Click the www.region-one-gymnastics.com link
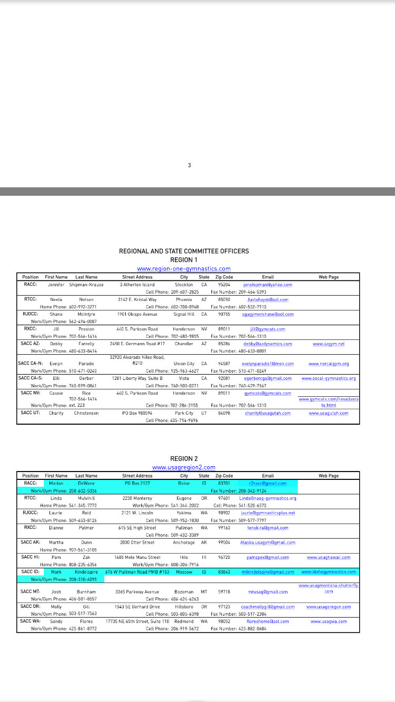click(x=184, y=269)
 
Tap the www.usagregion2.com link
click(x=184, y=467)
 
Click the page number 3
click(x=190, y=165)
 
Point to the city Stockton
click(x=184, y=285)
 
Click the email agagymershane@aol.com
click(x=268, y=314)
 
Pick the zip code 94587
click(x=224, y=364)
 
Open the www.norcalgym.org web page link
click(x=329, y=364)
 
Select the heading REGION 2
click(x=184, y=459)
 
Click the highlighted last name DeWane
click(x=86, y=483)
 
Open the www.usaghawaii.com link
click(x=329, y=557)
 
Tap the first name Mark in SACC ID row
click(x=56, y=572)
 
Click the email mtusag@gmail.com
click(x=268, y=592)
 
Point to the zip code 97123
click(x=224, y=607)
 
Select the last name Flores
click(x=86, y=621)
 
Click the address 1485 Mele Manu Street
click(x=137, y=557)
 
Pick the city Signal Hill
click(x=184, y=314)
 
